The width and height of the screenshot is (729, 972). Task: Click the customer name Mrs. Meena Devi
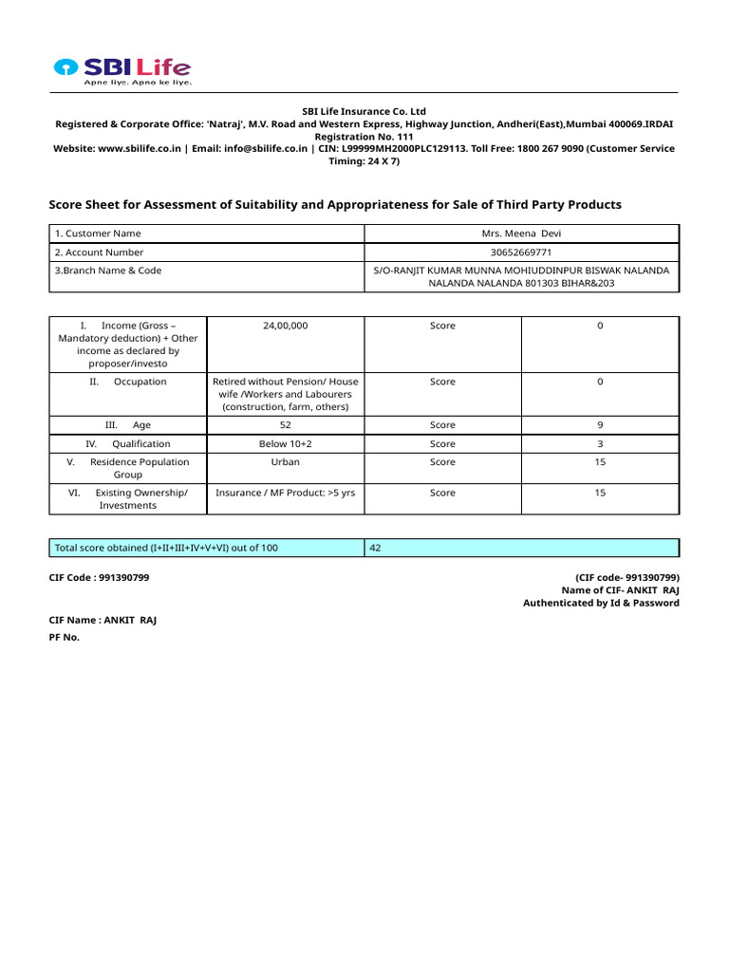click(x=521, y=234)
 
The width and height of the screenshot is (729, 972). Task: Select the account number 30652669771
click(x=521, y=252)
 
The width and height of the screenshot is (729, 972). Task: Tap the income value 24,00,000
click(x=285, y=326)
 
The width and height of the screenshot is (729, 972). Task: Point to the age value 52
click(x=285, y=425)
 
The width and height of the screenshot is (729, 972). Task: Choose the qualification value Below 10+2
click(x=285, y=443)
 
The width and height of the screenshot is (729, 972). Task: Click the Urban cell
click(x=285, y=462)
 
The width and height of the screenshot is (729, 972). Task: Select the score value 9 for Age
click(x=600, y=425)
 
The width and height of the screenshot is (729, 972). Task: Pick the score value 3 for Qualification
click(x=600, y=443)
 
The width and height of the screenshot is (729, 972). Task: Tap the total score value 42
click(x=376, y=548)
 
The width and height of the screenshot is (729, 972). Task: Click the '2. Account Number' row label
click(x=100, y=252)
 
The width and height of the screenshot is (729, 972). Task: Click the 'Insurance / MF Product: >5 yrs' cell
click(x=285, y=493)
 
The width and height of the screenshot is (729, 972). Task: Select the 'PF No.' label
click(x=65, y=637)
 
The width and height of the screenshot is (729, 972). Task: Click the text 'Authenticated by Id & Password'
click(x=601, y=603)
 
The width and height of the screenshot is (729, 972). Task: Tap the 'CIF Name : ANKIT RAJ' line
click(x=103, y=620)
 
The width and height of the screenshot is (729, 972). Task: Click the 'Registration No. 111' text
click(x=364, y=136)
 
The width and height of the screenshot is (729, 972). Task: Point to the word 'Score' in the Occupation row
click(x=442, y=382)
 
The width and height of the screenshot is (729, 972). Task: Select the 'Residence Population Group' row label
click(x=128, y=468)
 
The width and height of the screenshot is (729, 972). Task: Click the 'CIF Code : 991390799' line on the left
click(x=99, y=577)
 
